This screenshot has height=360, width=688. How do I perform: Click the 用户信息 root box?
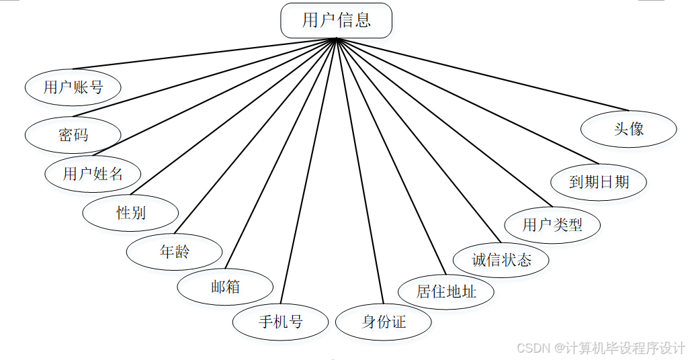336,20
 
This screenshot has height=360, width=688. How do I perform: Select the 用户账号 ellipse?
73,87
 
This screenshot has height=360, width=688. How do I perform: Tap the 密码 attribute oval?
73,134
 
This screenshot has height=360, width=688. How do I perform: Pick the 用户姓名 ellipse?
93,174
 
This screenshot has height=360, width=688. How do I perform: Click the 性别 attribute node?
130,214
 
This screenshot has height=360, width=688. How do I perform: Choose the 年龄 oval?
175,252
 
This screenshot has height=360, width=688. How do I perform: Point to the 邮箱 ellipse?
225,287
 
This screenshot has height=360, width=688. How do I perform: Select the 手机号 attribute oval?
280,322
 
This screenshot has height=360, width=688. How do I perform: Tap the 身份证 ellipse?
384,322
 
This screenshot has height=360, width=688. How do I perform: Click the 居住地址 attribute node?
446,291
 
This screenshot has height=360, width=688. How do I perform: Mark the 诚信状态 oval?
501,260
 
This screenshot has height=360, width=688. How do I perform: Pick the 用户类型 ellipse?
552,225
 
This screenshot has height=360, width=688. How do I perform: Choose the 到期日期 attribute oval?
599,181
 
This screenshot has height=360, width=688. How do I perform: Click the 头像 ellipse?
628,129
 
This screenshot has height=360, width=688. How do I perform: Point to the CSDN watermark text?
600,348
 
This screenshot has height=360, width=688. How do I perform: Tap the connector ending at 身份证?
359,171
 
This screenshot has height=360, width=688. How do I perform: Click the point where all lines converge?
335,38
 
